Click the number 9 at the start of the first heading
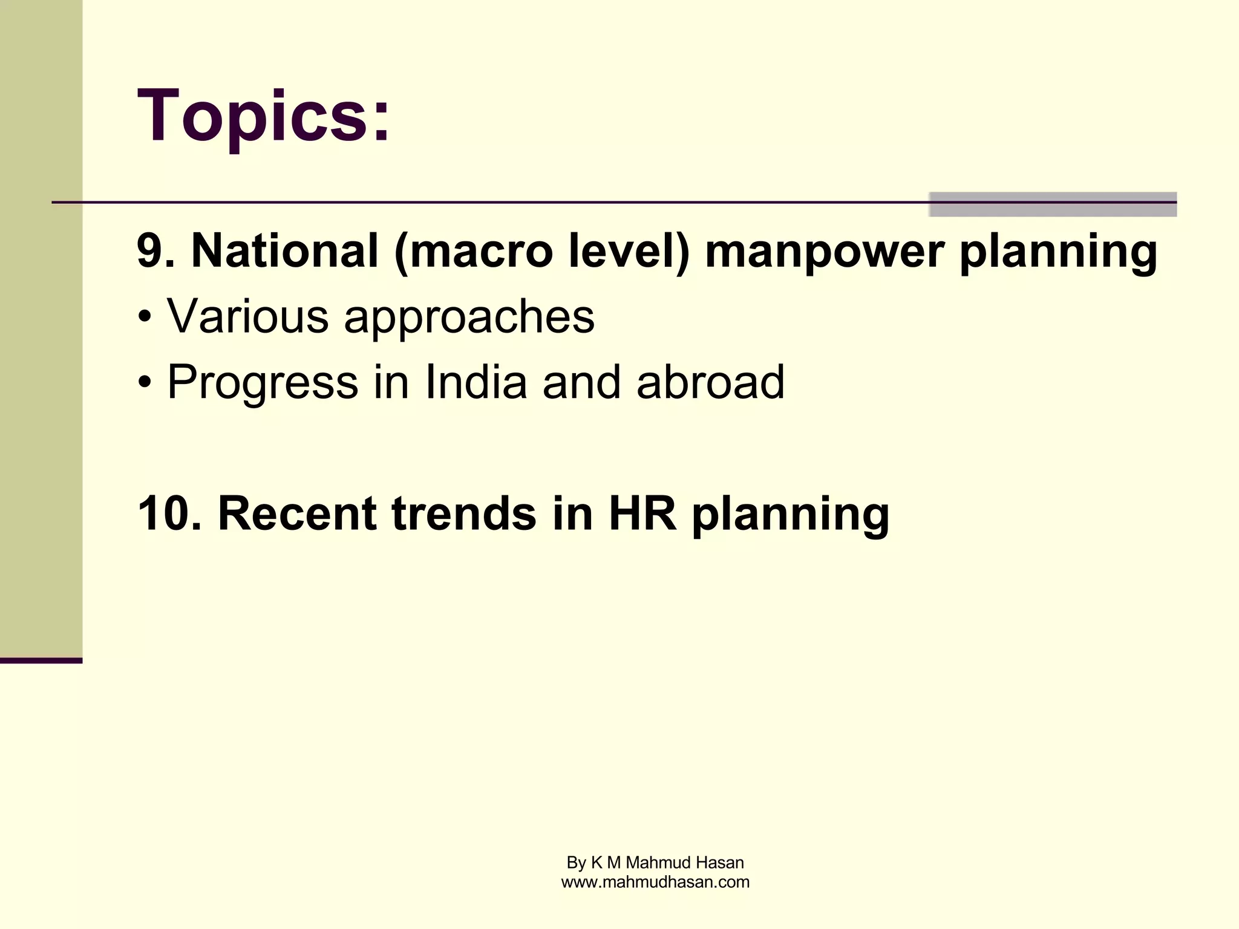click(149, 250)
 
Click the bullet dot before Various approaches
click(144, 317)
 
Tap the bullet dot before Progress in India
click(144, 383)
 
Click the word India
click(476, 382)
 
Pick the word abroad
click(710, 382)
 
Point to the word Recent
click(296, 513)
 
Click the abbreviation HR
click(642, 513)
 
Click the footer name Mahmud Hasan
click(684, 862)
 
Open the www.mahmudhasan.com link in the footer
click(655, 882)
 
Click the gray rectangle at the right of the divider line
click(1052, 204)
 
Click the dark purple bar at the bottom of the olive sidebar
click(41, 660)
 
